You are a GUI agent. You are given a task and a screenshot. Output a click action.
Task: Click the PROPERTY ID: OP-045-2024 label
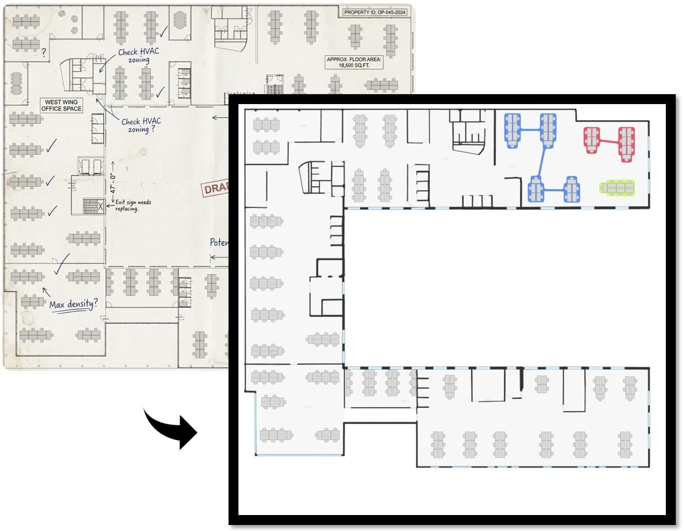[x=374, y=12]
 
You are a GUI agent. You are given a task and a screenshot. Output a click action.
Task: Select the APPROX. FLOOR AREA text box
[x=354, y=62]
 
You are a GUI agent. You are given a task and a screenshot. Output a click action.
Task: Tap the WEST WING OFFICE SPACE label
[x=61, y=105]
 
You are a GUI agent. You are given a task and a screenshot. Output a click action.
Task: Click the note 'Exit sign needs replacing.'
[x=133, y=205]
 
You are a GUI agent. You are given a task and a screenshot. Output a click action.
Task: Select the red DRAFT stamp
[x=215, y=188]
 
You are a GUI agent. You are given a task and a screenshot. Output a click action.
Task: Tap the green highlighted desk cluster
[x=617, y=188]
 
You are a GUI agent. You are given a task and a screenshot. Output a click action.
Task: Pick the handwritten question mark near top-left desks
[x=44, y=53]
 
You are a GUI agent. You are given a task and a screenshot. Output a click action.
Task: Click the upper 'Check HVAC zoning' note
[x=138, y=55]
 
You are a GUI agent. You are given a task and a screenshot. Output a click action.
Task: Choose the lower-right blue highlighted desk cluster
[x=572, y=189]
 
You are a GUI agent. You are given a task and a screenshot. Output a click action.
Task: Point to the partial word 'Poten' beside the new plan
[x=219, y=242]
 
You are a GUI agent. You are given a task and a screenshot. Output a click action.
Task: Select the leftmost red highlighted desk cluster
[x=591, y=139]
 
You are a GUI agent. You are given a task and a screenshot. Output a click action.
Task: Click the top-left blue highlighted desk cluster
[x=513, y=129]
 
